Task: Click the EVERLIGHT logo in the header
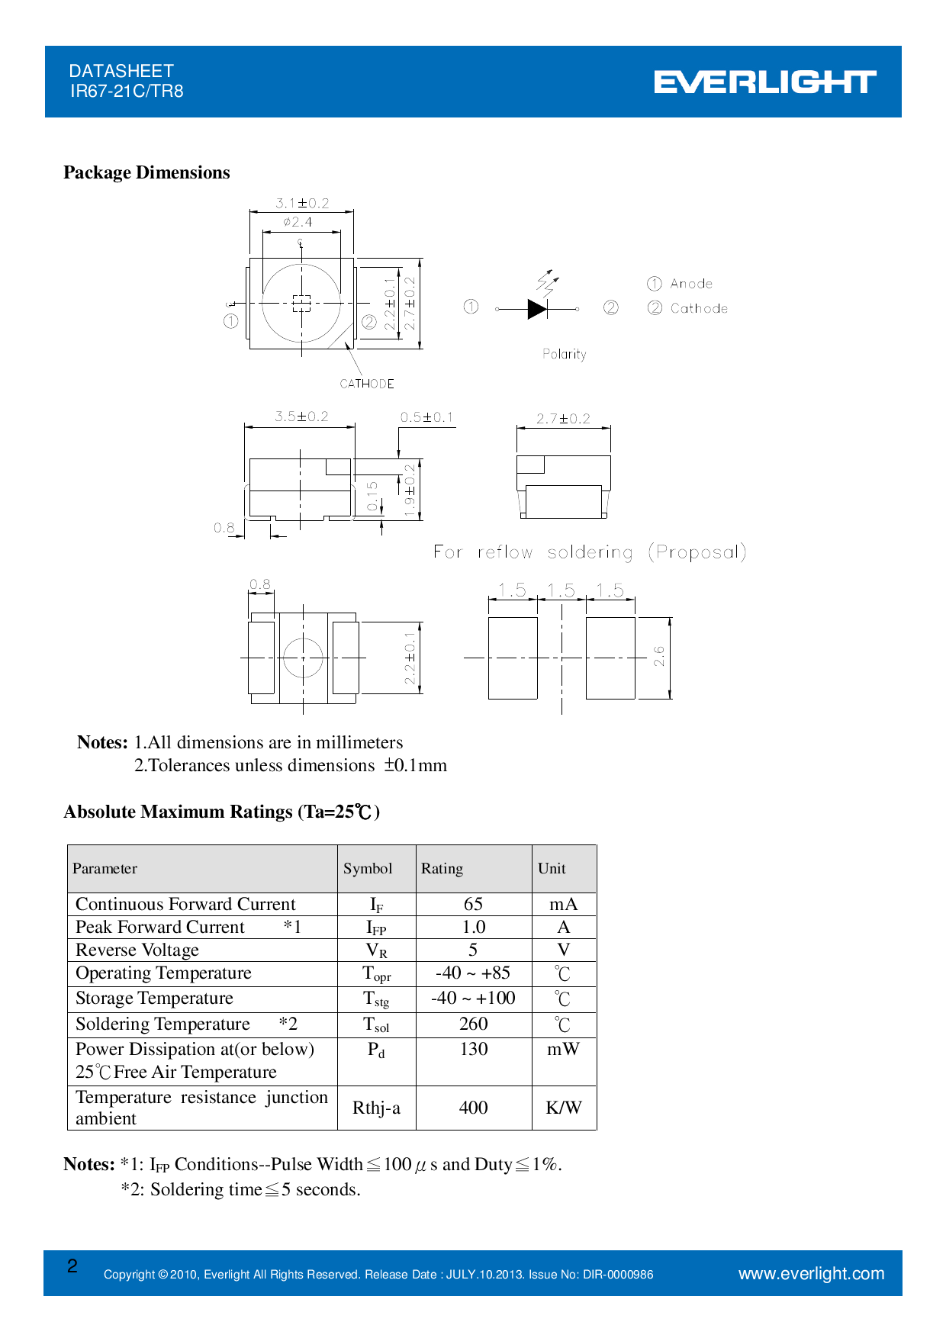coord(764,82)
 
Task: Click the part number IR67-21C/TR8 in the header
coord(127,92)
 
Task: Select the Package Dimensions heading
coord(146,172)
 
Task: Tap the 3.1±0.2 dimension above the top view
coord(302,203)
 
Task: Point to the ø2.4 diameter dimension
coord(298,222)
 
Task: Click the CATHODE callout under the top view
coord(367,384)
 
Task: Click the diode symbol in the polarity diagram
coord(537,309)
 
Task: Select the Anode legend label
coord(691,284)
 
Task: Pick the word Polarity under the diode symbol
coord(565,354)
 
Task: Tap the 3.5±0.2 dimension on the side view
coord(301,417)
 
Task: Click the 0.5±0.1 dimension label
coord(426,417)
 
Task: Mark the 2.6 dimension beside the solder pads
coord(659,656)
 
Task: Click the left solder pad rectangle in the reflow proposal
coord(513,658)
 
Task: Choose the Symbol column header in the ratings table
coord(368,868)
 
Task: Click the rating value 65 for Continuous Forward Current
coord(473,904)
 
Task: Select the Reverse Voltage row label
coord(137,950)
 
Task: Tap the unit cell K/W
coord(563,1108)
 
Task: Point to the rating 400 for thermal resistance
coord(473,1108)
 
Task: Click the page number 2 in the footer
coord(72,1266)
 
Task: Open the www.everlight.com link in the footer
coord(811,1273)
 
